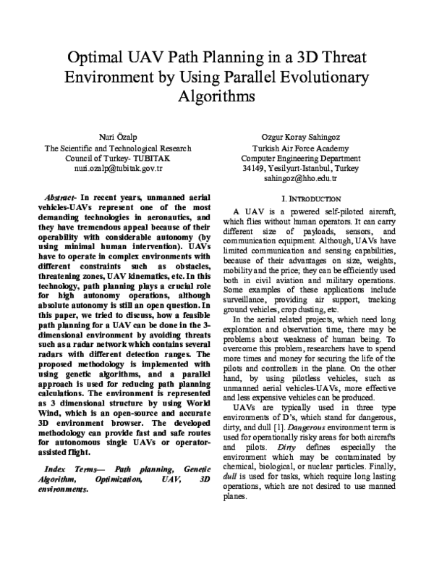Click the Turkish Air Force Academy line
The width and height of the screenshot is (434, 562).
click(299, 148)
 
